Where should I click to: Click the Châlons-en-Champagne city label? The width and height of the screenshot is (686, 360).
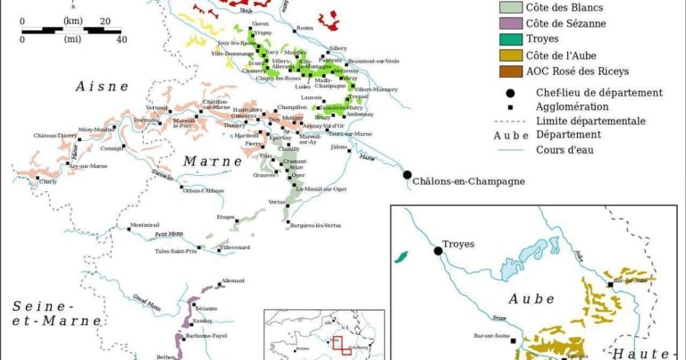[x=468, y=182]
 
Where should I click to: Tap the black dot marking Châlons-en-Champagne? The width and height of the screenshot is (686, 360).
[x=406, y=175]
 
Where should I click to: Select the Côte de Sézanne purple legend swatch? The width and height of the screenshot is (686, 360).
[x=510, y=23]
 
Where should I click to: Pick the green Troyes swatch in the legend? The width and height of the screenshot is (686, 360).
[x=510, y=39]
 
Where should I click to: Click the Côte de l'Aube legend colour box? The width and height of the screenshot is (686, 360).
[x=510, y=55]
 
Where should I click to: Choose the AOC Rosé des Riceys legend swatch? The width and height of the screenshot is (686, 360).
[x=510, y=71]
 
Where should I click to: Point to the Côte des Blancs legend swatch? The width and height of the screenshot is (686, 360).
[x=510, y=7]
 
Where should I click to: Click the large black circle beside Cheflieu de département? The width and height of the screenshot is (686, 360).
[x=509, y=91]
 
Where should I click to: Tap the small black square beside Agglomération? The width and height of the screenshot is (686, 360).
[x=509, y=105]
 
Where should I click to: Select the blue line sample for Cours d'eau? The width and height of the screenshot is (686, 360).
[x=509, y=149]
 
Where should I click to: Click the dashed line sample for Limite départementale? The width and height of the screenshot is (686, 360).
[x=509, y=120]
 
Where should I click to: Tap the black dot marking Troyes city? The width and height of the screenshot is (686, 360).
[x=439, y=251]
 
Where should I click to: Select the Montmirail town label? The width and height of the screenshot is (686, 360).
[x=144, y=224]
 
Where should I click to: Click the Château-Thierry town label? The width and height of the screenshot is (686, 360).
[x=55, y=136]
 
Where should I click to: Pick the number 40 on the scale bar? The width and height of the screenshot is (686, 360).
[x=121, y=39]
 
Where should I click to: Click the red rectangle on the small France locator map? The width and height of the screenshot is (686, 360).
[x=338, y=343]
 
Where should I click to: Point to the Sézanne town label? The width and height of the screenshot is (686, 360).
[x=206, y=307]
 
